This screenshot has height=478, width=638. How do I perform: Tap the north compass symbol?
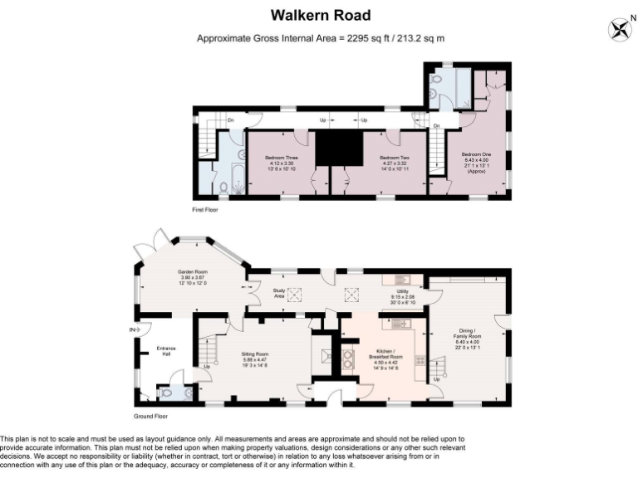[x=618, y=30]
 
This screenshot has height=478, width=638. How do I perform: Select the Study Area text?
[x=278, y=293]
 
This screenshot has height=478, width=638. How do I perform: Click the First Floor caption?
[x=205, y=210]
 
